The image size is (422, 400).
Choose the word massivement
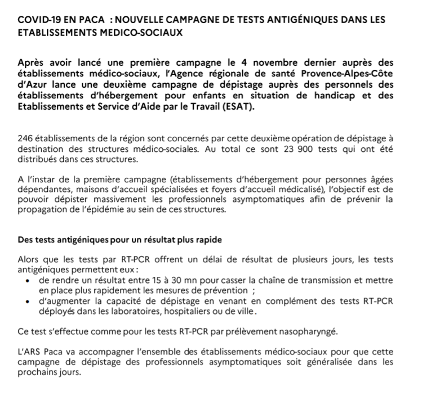118,200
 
